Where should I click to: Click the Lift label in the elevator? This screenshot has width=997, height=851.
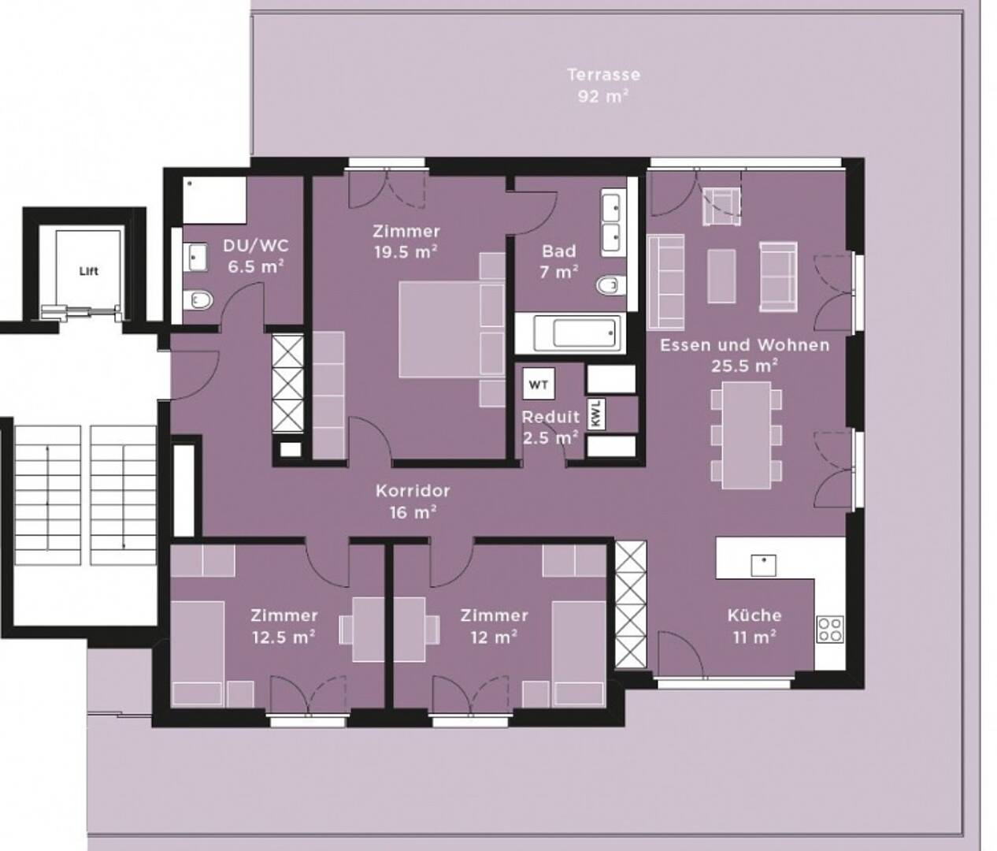coord(89,271)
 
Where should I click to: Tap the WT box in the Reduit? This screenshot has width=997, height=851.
coord(539,385)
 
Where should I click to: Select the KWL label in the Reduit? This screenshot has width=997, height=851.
coord(596,413)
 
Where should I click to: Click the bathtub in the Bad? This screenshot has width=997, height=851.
coord(576,332)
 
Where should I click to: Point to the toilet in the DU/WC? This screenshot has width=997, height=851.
coord(198,300)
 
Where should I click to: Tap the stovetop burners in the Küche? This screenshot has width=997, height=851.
coord(830,630)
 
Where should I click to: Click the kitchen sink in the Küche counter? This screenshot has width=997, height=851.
coord(764,565)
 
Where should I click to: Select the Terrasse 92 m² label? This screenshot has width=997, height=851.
coord(603,85)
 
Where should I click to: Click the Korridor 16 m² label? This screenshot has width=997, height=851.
coord(413,501)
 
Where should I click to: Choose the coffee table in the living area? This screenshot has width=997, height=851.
coord(721,276)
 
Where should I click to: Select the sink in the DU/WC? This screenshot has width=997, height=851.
coord(195,257)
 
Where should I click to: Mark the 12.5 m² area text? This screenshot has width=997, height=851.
coord(284,637)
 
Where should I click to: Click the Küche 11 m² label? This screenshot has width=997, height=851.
coord(754,626)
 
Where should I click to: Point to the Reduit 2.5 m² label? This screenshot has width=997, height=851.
coord(550,427)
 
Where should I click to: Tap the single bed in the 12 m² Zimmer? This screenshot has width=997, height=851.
coord(579,653)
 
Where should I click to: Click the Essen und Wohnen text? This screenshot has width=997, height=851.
coord(745,345)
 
